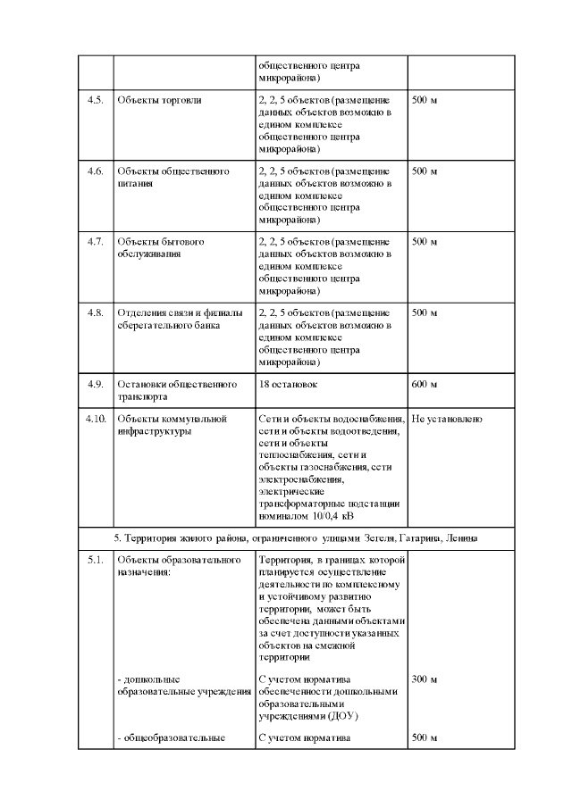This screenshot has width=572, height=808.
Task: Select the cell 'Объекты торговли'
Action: [159, 100]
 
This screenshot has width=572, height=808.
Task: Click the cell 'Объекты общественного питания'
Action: [173, 177]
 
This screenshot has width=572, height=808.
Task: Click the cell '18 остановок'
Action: [288, 385]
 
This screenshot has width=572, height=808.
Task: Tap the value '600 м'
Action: [425, 385]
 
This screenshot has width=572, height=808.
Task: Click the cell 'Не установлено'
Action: [448, 419]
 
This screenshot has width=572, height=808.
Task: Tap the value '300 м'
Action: [425, 679]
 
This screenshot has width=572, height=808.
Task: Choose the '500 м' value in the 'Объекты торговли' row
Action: [425, 100]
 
